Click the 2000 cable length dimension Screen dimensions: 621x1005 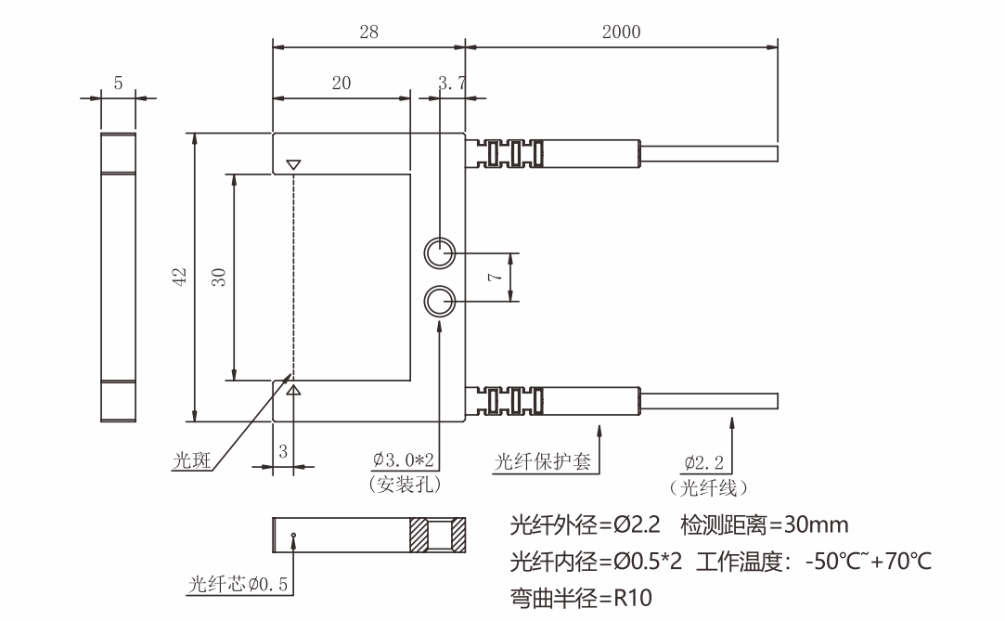tap(621, 32)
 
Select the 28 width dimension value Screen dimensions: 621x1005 tap(368, 32)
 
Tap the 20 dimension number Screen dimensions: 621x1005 tap(341, 83)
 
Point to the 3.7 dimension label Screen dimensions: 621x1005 tap(452, 84)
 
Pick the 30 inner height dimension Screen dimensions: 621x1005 tap(219, 277)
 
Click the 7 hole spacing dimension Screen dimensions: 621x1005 tap(495, 277)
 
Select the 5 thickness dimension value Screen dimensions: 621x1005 tap(118, 84)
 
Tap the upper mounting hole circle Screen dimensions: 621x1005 tap(440, 252)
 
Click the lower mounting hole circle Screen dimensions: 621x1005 tap(440, 302)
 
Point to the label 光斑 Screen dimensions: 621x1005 tap(192, 460)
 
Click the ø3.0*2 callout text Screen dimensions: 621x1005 tap(406, 460)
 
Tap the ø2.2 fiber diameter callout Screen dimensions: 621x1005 tap(704, 461)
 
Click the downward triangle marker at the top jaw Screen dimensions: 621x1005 tap(294, 165)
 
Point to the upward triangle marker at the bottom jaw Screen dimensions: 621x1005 tap(294, 391)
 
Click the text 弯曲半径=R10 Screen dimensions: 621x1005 tap(581, 597)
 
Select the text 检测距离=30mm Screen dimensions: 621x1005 tap(765, 525)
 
